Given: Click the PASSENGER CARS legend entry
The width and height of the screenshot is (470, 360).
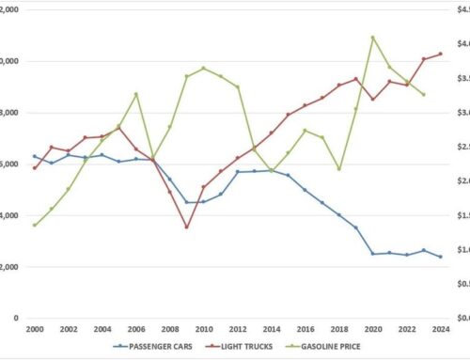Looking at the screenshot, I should tap(158, 347).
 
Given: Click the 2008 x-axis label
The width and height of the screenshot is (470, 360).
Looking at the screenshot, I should tap(169, 330).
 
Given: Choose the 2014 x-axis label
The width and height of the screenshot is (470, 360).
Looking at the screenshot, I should tap(272, 330).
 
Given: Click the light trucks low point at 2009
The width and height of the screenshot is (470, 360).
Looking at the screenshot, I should tap(187, 227).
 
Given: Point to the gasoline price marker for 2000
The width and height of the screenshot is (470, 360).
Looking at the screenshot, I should tap(34, 225).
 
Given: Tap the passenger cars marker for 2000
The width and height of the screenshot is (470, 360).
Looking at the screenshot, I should tap(34, 156).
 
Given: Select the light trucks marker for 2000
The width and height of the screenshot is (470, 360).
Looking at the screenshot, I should tap(34, 168).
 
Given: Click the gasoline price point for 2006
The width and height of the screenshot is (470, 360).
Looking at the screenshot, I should tap(136, 94).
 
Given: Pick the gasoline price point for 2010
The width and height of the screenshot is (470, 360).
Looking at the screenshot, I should tap(204, 69).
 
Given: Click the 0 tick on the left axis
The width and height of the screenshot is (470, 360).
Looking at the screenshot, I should tap(18, 318).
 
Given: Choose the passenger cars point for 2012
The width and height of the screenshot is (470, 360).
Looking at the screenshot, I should tap(238, 172).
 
